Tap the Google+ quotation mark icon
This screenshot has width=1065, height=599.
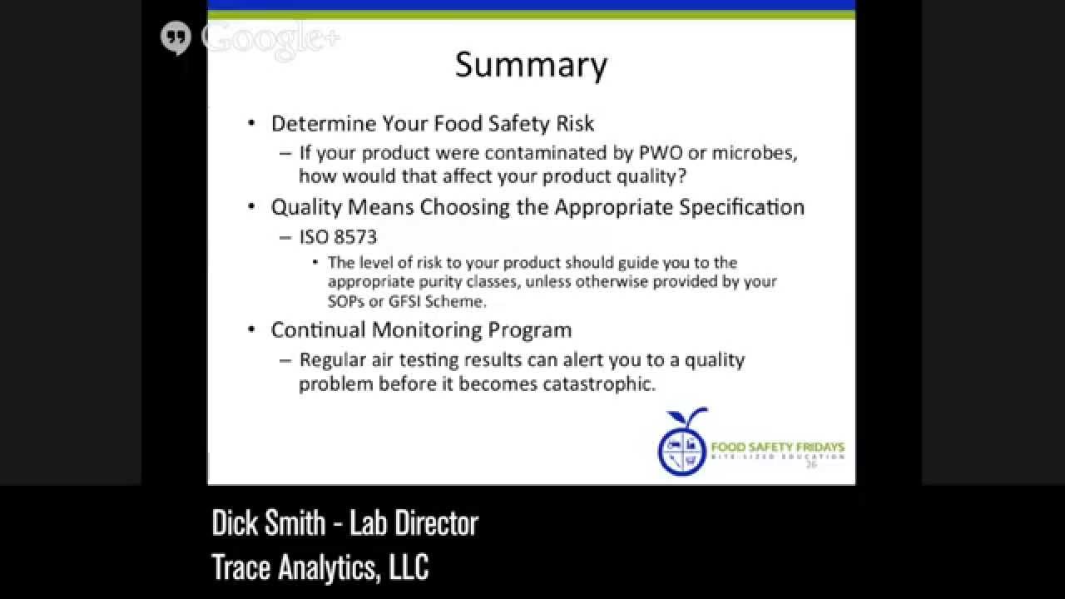176,38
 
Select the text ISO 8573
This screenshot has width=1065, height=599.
338,237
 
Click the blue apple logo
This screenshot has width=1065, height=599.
683,443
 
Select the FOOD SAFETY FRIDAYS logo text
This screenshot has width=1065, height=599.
777,448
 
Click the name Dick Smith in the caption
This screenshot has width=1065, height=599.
268,523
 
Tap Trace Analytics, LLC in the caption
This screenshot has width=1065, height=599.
320,567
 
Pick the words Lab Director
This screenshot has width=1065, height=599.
414,523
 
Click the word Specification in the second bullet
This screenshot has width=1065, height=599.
741,207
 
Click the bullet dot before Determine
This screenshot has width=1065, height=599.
252,124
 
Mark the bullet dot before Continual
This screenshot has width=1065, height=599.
252,330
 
